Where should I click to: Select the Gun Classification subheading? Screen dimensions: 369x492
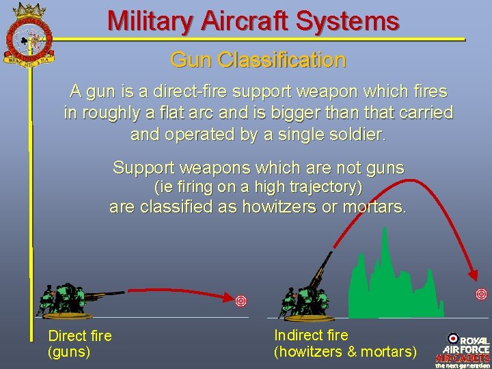pos(258,60)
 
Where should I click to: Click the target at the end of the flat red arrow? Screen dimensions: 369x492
pos(241,301)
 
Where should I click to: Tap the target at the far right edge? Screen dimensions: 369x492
pos(481,295)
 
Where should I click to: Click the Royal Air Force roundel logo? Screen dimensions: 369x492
pos(453,338)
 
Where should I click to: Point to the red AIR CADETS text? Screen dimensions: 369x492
pos(463,357)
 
